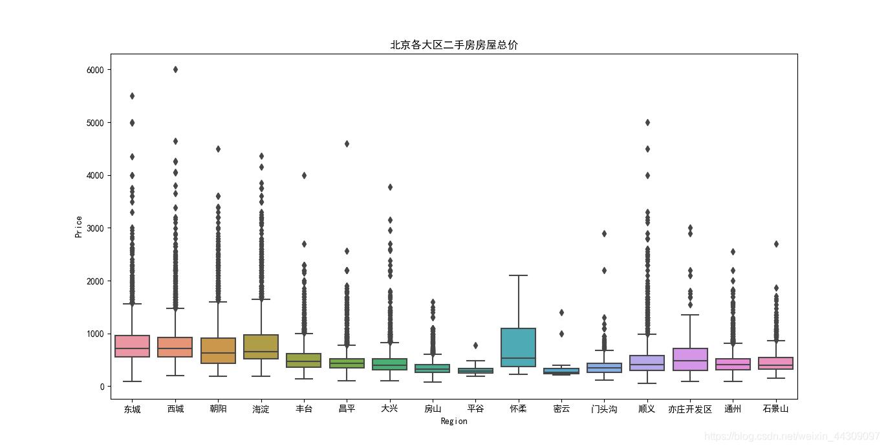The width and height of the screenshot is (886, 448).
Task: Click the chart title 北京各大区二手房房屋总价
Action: (454, 45)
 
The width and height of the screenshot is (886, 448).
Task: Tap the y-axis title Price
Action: (78, 226)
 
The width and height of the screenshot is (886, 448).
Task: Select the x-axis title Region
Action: (454, 421)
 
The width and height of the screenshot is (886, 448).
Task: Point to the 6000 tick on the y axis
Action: (95, 70)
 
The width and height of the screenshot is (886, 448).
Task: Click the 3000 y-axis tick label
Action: (95, 228)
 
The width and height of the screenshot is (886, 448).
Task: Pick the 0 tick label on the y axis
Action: (102, 387)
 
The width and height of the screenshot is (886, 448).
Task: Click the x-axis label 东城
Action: (132, 409)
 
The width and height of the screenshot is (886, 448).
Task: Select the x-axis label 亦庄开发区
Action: (690, 409)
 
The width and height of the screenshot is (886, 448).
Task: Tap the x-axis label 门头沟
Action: (604, 409)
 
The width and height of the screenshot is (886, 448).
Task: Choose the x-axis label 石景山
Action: (775, 409)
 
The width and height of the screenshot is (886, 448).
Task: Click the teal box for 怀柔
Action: (518, 347)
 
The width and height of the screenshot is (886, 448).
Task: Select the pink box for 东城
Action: (132, 346)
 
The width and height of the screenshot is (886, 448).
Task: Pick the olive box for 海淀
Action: (261, 347)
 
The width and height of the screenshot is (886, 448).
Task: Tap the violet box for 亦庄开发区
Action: (690, 359)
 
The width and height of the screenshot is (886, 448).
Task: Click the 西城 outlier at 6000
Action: (176, 70)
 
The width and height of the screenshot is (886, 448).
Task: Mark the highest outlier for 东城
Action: (132, 96)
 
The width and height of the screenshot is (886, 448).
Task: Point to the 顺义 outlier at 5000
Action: (647, 123)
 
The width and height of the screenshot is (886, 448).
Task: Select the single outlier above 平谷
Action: (475, 346)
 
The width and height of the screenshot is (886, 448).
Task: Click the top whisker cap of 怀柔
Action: (518, 275)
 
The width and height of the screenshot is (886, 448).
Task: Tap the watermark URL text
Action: (792, 436)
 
